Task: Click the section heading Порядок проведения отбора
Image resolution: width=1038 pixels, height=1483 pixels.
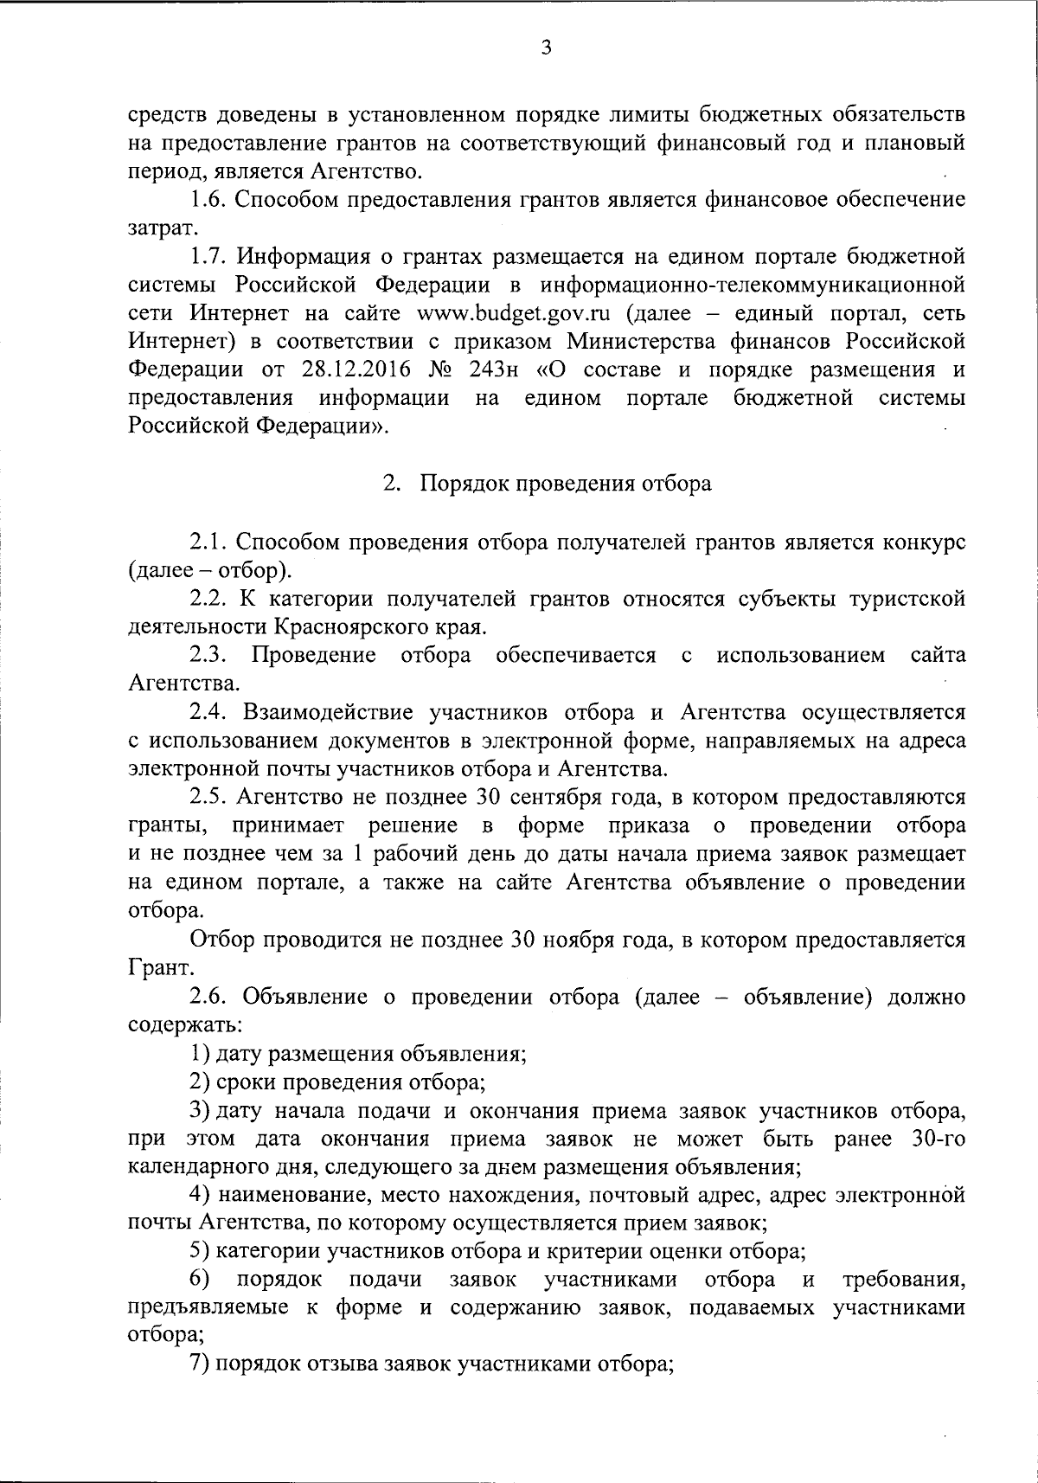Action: point(566,484)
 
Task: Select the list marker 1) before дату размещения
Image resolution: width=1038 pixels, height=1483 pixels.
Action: point(200,1054)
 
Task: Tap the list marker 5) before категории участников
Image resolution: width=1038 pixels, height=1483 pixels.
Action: point(200,1252)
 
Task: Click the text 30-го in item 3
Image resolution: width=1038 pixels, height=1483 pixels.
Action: point(939,1139)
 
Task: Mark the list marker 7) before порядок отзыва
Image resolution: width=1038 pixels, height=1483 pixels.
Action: point(200,1365)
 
